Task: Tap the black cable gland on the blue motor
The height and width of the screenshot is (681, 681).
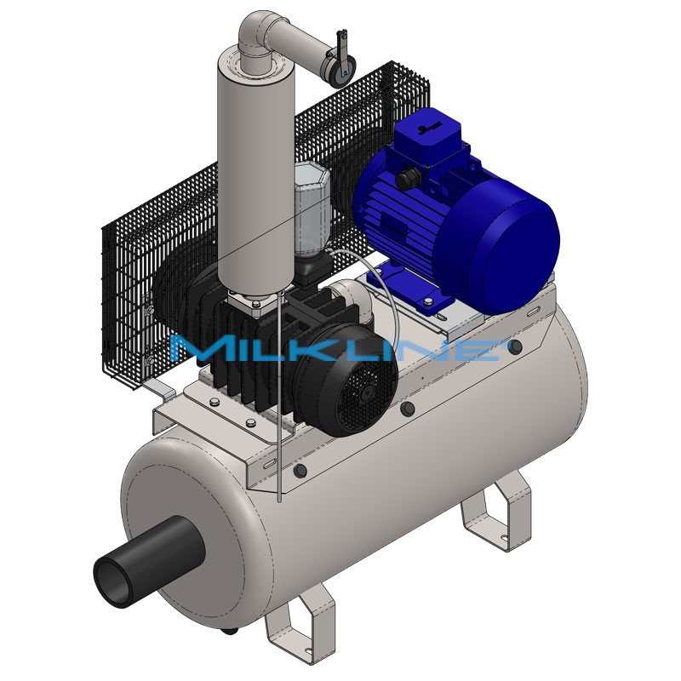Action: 410,178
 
